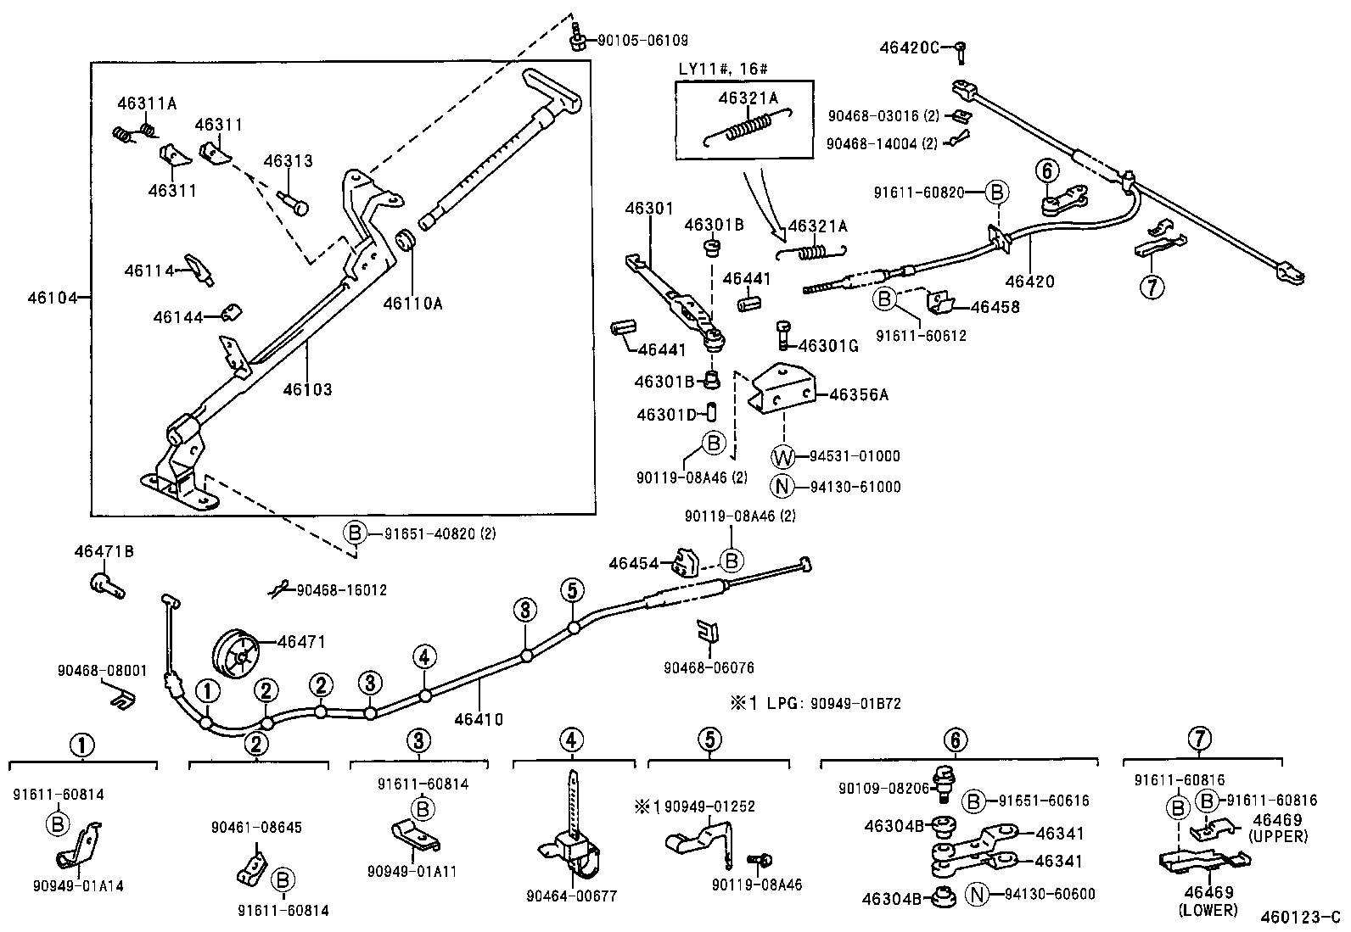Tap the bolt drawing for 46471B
pos(106,584)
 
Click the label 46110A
pos(412,302)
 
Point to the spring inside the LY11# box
pos(747,127)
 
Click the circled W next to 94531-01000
pos(782,457)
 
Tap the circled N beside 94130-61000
pos(782,487)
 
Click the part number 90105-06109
pos(642,40)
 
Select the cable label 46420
pos(1029,282)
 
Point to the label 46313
pos(288,161)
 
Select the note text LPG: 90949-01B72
pos(832,704)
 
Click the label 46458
pos(995,307)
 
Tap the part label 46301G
pos(829,345)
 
